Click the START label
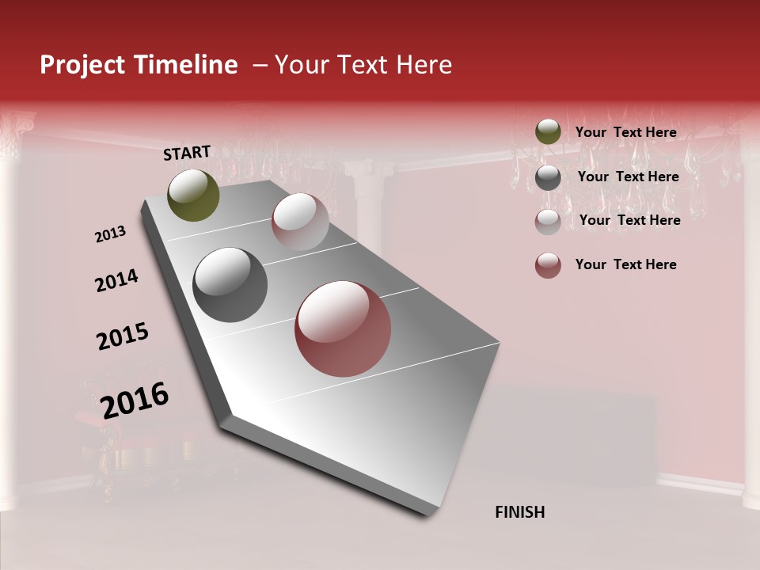point(187,153)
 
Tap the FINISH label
point(519,512)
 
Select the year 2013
point(110,234)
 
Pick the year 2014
point(116,281)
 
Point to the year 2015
point(123,336)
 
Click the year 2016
point(135,400)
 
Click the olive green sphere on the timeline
point(194,195)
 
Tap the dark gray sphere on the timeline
point(230,284)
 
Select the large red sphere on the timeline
point(343,329)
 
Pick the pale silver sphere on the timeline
point(300,222)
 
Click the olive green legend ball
point(548,131)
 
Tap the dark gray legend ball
point(548,177)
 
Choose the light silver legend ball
point(548,221)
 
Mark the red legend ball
point(548,265)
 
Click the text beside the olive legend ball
point(625,132)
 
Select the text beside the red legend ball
point(625,264)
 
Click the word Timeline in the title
point(187,65)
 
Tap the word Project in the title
point(81,65)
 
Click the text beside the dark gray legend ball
point(628,177)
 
